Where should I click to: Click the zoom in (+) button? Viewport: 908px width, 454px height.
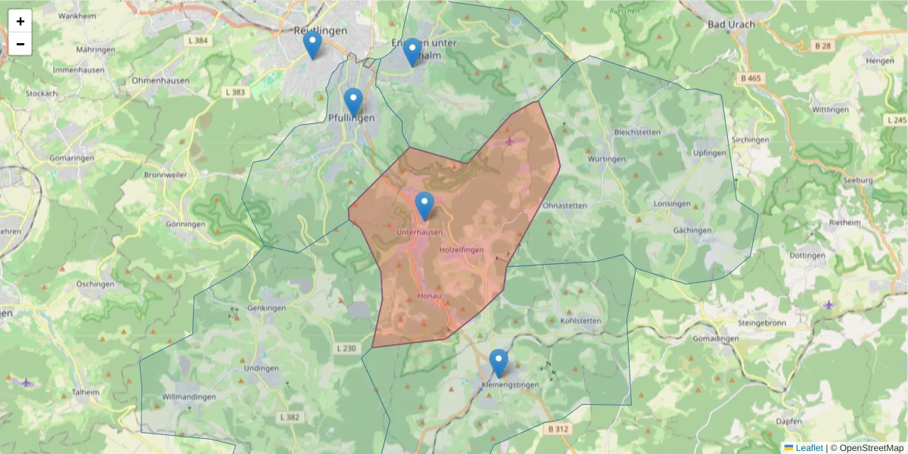[20, 21]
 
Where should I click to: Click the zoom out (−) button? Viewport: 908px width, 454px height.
[20, 44]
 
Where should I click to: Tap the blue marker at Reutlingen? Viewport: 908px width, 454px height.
[312, 45]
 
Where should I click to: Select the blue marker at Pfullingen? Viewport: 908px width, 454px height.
[353, 102]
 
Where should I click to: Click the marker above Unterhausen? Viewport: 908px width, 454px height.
[424, 206]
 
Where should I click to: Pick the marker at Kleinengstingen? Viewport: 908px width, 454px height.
[498, 363]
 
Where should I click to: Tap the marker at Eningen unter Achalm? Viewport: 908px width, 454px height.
[412, 53]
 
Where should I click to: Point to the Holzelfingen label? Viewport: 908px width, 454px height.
[461, 249]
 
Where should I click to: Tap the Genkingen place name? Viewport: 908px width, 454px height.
[266, 309]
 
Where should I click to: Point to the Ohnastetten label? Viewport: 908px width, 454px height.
[565, 205]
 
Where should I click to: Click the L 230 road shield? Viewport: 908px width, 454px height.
[344, 348]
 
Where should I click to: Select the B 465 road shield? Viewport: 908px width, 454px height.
[751, 78]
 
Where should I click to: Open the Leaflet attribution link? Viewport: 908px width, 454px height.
[808, 448]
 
